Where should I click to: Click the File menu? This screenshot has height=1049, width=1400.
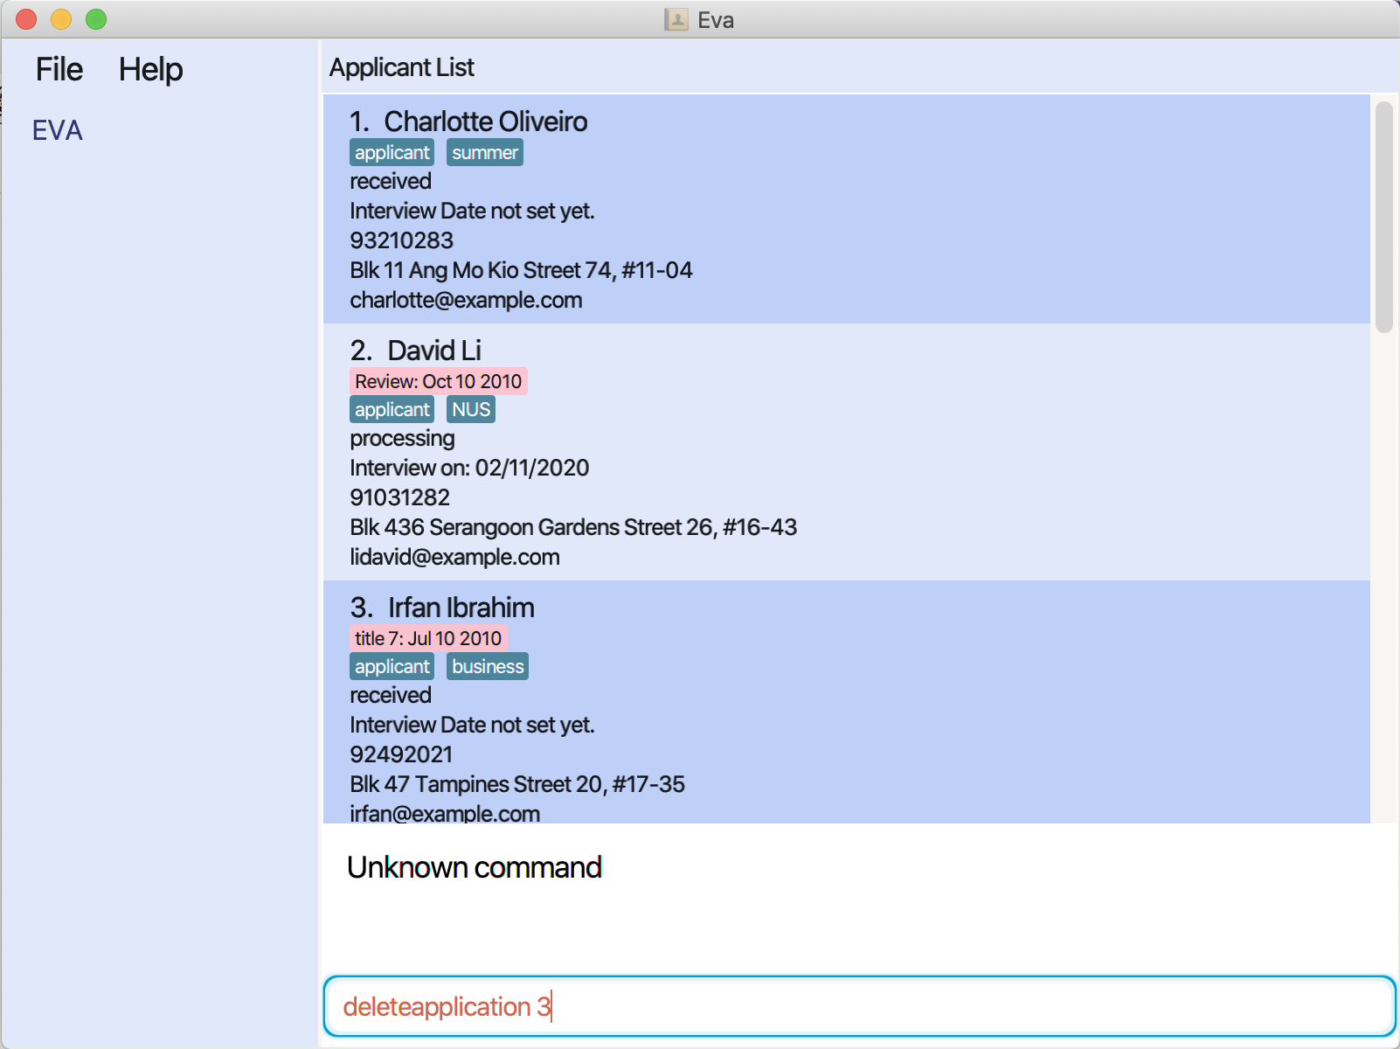coord(59,70)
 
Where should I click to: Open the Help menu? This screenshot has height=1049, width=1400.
coord(150,70)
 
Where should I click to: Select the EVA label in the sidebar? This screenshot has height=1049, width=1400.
coord(58,130)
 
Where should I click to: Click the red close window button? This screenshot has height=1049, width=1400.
coord(26,19)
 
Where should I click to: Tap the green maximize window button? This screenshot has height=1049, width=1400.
coord(96,19)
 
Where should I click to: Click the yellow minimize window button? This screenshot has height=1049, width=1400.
coord(61,19)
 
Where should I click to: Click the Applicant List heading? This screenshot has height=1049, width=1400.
coord(401,67)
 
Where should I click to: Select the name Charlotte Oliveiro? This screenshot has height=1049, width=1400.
coord(485,122)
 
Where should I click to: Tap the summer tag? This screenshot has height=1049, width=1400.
coord(485,153)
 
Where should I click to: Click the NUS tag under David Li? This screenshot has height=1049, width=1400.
coord(471,409)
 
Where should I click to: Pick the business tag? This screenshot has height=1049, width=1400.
coord(488,666)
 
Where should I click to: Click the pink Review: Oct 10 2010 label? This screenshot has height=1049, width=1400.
coord(438,381)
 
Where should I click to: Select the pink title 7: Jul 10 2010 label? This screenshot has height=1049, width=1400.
coord(428,638)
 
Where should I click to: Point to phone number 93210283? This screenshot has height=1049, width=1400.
coord(401,240)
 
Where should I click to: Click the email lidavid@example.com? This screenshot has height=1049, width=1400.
coord(454,557)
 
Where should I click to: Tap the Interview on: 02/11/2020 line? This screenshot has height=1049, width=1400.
coord(469,468)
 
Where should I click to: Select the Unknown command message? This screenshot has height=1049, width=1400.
coord(474,867)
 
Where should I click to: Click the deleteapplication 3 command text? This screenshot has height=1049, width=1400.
coord(446,1007)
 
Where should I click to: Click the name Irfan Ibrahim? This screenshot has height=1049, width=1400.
coord(461,608)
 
